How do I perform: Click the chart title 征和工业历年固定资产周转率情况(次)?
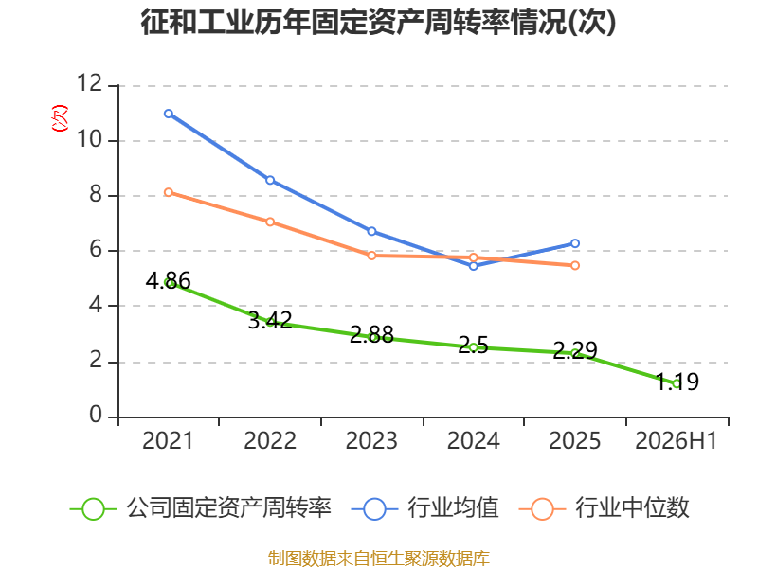(x=378, y=22)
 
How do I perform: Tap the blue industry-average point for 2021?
(x=169, y=114)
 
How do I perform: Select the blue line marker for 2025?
(x=575, y=243)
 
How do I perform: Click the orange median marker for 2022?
(x=270, y=222)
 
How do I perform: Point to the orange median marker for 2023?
(x=371, y=256)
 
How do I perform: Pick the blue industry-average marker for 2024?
(x=473, y=266)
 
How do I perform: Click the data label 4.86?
(x=169, y=280)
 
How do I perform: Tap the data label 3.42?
(x=270, y=320)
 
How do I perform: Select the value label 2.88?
(x=371, y=334)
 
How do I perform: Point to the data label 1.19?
(x=677, y=382)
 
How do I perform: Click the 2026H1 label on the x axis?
(x=676, y=440)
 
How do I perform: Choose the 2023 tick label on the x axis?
(x=371, y=440)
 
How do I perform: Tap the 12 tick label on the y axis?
(x=90, y=83)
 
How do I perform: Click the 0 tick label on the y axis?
(x=96, y=415)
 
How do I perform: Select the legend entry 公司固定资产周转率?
(x=201, y=508)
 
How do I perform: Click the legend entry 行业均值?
(x=424, y=508)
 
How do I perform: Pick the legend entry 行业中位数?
(x=604, y=508)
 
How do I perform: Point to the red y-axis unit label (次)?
(x=60, y=118)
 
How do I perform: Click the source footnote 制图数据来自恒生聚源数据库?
(x=379, y=558)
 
